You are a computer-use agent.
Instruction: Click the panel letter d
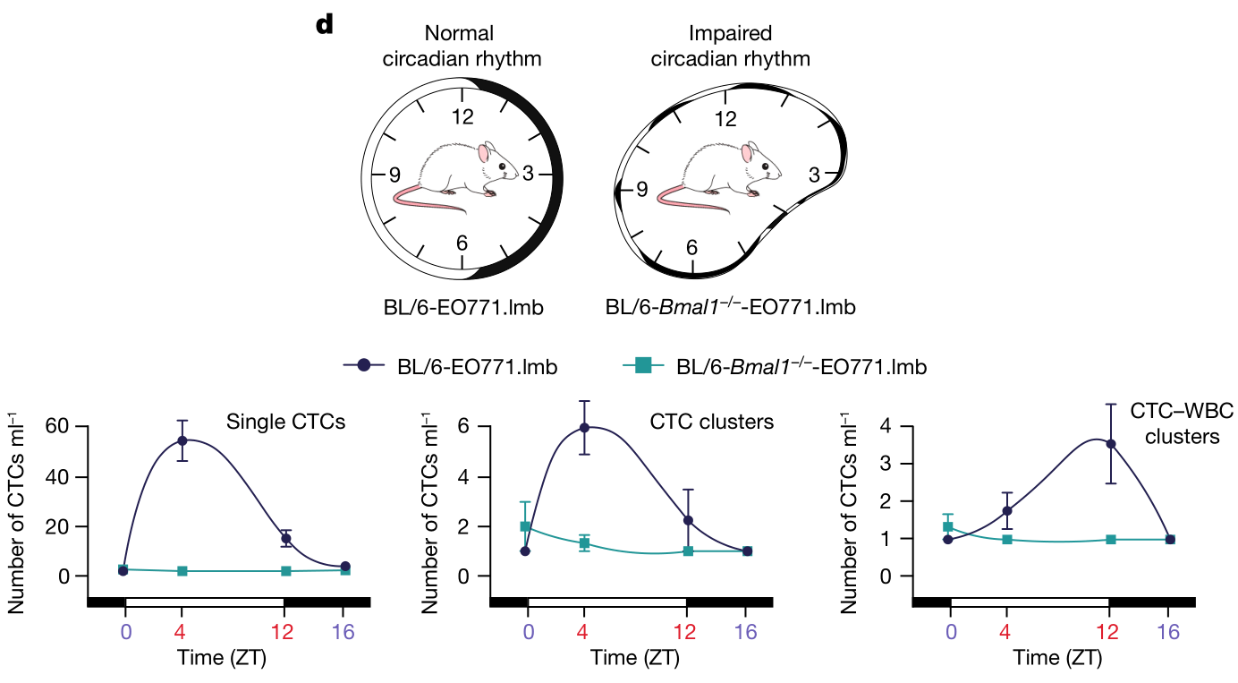pyautogui.click(x=324, y=25)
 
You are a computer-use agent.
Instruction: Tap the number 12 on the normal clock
pyautogui.click(x=462, y=116)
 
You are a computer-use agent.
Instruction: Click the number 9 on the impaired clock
pyautogui.click(x=640, y=190)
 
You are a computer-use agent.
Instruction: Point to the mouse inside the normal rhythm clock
pyautogui.click(x=456, y=175)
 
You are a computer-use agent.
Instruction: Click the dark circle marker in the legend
pyautogui.click(x=363, y=365)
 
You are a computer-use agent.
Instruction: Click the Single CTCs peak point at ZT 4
pyautogui.click(x=182, y=440)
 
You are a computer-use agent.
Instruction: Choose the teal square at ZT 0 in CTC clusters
pyautogui.click(x=526, y=526)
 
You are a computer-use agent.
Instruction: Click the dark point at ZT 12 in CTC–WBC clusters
pyautogui.click(x=1111, y=444)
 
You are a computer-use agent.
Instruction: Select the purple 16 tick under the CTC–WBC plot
pyautogui.click(x=1168, y=632)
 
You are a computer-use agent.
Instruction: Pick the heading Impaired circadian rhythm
pyautogui.click(x=730, y=47)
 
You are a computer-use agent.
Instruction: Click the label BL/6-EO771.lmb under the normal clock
pyautogui.click(x=462, y=308)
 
